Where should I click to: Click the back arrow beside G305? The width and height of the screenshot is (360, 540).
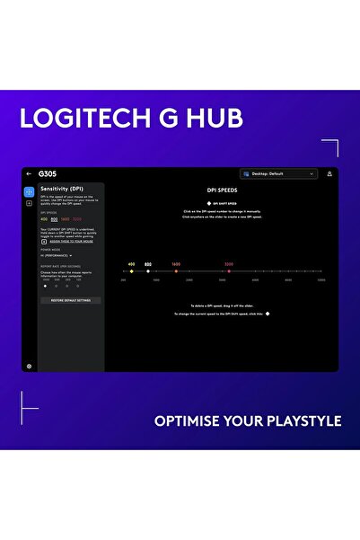pos(29,173)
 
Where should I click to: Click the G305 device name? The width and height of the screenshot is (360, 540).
pos(48,173)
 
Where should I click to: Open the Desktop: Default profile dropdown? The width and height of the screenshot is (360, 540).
pos(279,173)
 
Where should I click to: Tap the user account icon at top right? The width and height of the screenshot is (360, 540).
pos(329,173)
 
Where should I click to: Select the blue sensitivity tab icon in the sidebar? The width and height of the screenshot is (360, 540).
pos(29,191)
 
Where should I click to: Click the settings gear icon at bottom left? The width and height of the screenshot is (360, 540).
pos(29,366)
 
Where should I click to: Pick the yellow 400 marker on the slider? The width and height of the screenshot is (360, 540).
pos(131,270)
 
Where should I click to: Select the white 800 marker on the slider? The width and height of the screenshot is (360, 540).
pos(148,270)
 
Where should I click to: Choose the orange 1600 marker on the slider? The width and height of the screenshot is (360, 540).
pos(176,270)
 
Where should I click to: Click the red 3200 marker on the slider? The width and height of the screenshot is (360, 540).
pos(229,270)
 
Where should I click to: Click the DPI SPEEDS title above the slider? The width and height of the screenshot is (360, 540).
pos(221,190)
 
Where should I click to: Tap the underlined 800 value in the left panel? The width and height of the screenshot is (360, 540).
pos(54,219)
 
